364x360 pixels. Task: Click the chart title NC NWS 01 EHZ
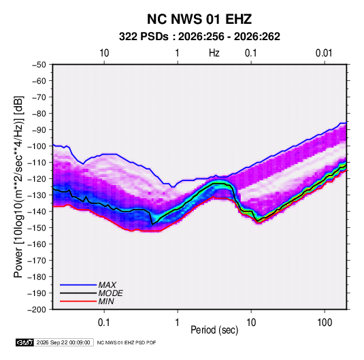click(x=199, y=19)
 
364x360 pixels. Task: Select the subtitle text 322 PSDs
click(x=144, y=37)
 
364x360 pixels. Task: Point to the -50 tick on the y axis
click(x=39, y=65)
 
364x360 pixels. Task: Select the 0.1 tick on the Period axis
click(x=104, y=323)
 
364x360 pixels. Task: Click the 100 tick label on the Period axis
click(x=325, y=323)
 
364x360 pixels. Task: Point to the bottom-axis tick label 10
click(x=251, y=323)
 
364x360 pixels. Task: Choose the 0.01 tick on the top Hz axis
click(x=324, y=53)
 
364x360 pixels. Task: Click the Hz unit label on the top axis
click(x=214, y=53)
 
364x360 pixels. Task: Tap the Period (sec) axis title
click(x=214, y=330)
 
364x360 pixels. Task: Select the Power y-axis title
click(x=18, y=187)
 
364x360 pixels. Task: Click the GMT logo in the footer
click(x=24, y=342)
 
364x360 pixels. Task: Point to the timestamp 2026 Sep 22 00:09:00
click(x=63, y=342)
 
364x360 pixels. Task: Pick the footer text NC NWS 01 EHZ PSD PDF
click(x=127, y=342)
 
